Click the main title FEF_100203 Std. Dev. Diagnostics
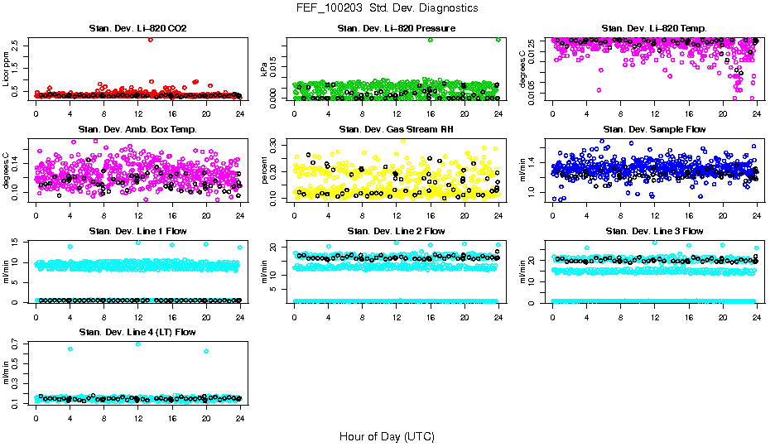tap(387, 8)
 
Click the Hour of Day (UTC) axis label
tap(387, 436)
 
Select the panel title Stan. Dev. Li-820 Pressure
tap(396, 29)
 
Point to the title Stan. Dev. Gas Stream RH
tap(396, 130)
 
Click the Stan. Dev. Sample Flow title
tap(654, 130)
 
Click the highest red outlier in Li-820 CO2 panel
tap(150, 40)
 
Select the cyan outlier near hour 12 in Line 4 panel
tap(138, 344)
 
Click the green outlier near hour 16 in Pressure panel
tap(431, 40)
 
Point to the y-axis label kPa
tap(265, 71)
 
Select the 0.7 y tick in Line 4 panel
tap(17, 343)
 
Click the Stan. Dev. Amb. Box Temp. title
tap(137, 130)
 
